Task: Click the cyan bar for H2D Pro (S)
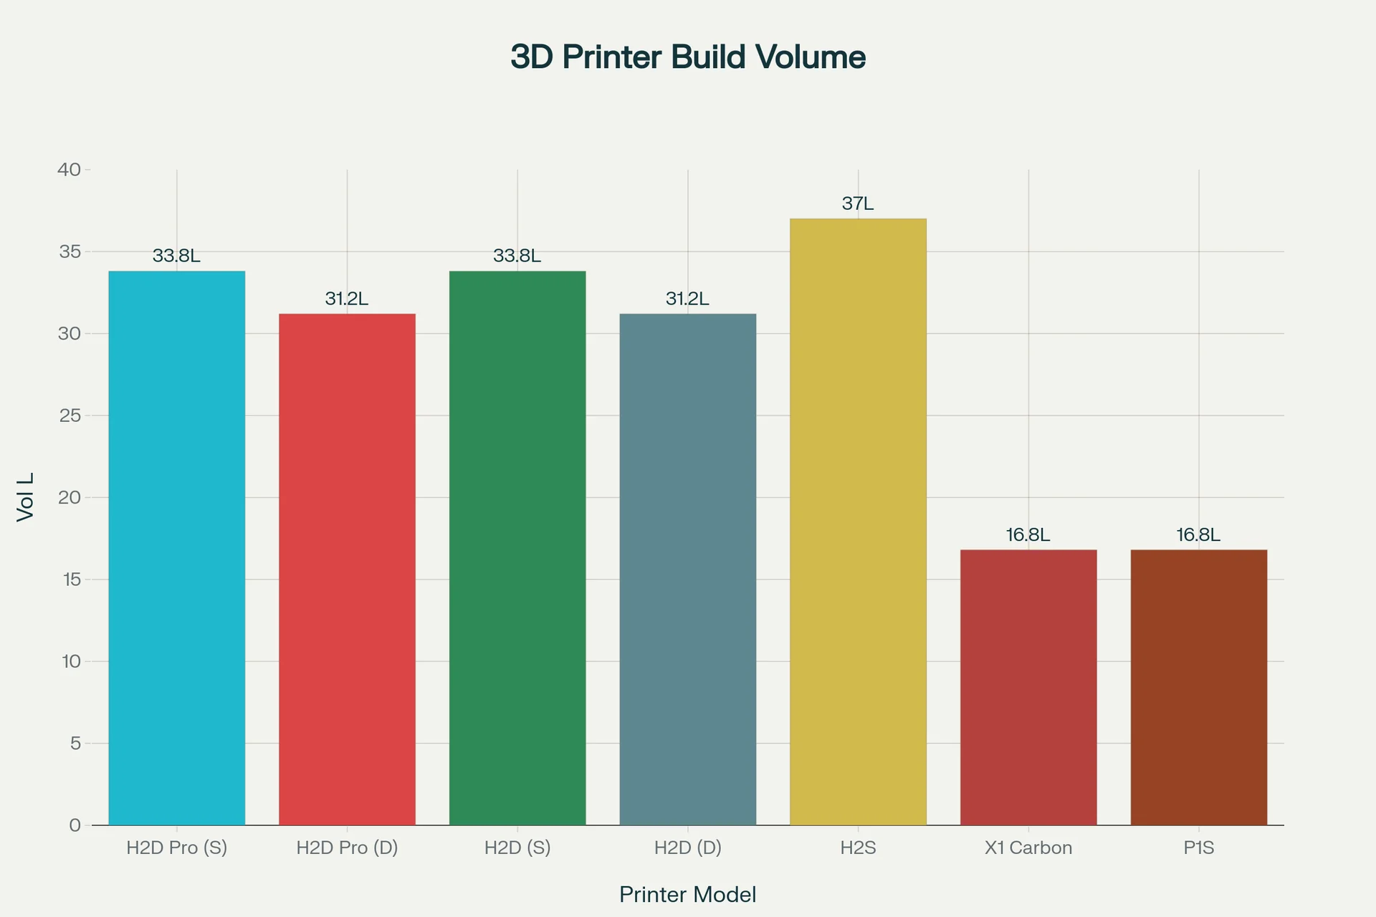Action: click(x=176, y=548)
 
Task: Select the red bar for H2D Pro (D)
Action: click(x=347, y=570)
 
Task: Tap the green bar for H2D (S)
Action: click(x=517, y=548)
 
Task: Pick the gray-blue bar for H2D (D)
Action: click(x=687, y=570)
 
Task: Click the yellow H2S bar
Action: click(x=858, y=522)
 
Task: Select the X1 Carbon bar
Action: click(x=1028, y=687)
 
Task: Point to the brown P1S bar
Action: click(x=1198, y=687)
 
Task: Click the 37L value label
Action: click(x=858, y=204)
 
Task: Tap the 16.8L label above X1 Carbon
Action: click(x=1028, y=535)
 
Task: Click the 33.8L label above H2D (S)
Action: click(x=517, y=256)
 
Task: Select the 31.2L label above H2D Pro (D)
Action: click(x=347, y=299)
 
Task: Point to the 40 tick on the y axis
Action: click(x=70, y=170)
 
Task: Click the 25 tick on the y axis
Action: click(x=70, y=416)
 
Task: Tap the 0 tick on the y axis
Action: click(x=75, y=825)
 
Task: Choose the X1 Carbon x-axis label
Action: click(x=1028, y=848)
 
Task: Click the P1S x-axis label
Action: click(x=1198, y=848)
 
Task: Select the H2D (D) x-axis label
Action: click(x=687, y=848)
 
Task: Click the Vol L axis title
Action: click(x=26, y=497)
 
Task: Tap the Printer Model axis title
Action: click(x=687, y=895)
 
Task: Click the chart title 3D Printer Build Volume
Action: click(x=687, y=57)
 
